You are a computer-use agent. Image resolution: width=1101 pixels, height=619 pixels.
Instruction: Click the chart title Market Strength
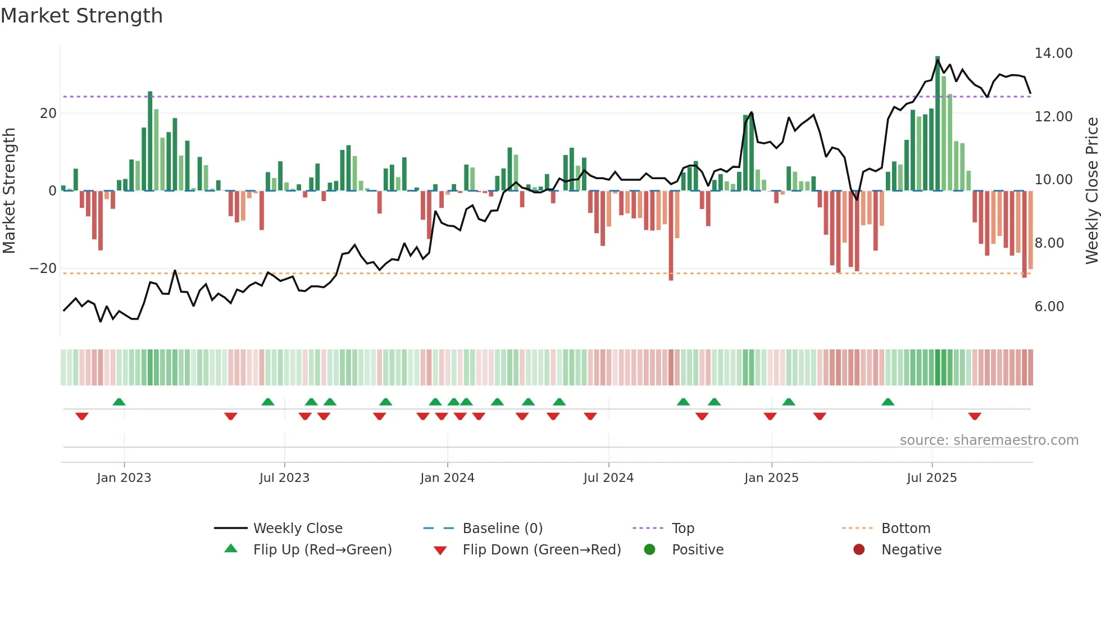click(x=81, y=16)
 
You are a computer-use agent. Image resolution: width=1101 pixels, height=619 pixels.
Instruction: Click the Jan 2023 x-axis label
click(x=124, y=478)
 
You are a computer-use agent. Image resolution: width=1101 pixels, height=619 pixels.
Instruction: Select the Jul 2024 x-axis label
click(x=608, y=478)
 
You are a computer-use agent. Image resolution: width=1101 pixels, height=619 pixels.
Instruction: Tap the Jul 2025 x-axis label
click(x=931, y=478)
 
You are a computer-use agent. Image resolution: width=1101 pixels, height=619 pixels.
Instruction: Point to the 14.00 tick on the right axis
click(x=1053, y=53)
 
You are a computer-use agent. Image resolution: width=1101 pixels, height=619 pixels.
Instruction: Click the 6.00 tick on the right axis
click(x=1049, y=307)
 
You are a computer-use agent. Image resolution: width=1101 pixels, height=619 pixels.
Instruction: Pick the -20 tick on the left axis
click(x=43, y=268)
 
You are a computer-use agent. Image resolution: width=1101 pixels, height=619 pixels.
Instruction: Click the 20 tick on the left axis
click(x=48, y=113)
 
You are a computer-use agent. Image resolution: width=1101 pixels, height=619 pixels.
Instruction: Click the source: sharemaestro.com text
click(x=989, y=440)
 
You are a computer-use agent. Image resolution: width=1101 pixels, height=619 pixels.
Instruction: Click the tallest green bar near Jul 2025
click(x=938, y=124)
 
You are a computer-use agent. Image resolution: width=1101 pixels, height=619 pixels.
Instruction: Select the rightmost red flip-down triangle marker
click(x=975, y=416)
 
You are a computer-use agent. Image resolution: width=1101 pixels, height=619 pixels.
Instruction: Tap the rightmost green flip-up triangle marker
click(x=888, y=402)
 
